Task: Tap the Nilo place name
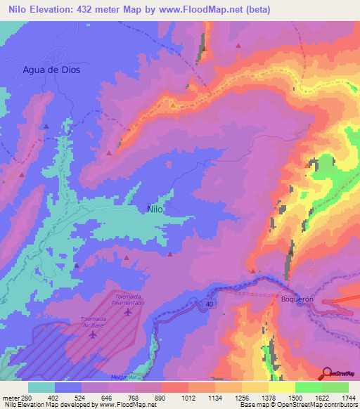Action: pos(155,208)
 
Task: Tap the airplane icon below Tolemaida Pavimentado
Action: pos(127,311)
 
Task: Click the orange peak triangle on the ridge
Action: pos(172,106)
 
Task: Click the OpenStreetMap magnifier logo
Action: pos(328,372)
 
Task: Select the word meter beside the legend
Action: pos(10,398)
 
